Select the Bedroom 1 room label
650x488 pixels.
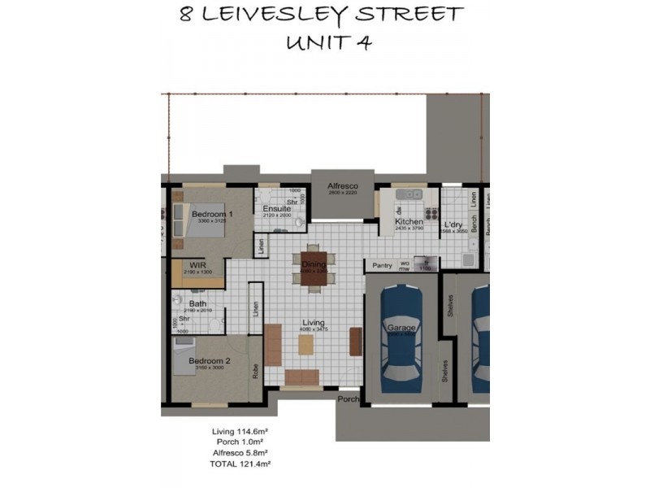212,214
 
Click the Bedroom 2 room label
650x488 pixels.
210,360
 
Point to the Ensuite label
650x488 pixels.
277,209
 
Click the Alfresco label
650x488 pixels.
343,186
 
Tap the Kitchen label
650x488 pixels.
409,221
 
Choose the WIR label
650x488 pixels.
197,265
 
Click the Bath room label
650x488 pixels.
197,303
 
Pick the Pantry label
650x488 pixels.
382,265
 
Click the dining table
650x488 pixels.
313,269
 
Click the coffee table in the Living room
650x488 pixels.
305,345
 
